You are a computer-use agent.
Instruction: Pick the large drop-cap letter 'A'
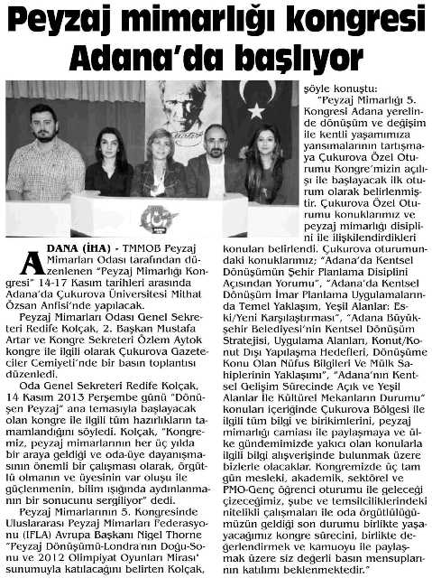coord(32,261)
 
